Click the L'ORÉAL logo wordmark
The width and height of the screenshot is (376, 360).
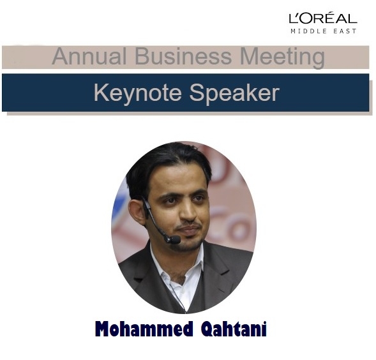coord(323,18)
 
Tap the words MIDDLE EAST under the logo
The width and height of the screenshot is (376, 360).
coord(323,31)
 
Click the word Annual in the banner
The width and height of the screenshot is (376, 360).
coord(89,56)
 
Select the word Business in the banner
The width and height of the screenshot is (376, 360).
coord(183,56)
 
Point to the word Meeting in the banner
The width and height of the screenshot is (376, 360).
coord(283,57)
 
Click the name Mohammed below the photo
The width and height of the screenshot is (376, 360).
coord(144,329)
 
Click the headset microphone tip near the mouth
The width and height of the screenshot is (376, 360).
coord(174,239)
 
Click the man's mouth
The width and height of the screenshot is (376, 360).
coord(190,229)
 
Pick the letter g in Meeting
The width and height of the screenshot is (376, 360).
coord(319,59)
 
